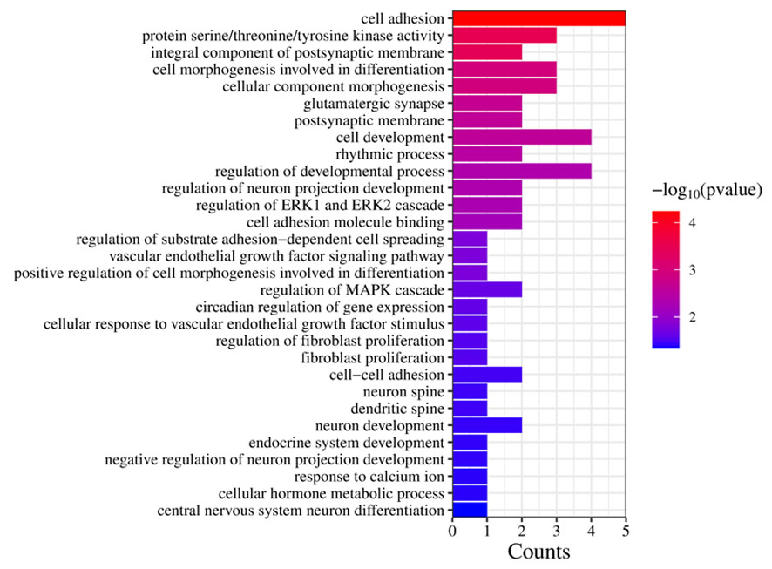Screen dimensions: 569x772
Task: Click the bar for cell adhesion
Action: pos(538,18)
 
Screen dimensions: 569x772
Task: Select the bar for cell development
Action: pos(521,137)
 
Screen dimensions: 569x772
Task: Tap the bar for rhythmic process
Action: pos(486,154)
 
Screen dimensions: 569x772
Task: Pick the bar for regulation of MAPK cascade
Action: pos(486,289)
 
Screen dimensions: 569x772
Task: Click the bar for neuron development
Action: pos(486,425)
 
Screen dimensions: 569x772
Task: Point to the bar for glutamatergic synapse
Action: pos(486,104)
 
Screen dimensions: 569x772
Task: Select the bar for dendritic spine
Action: pos(469,408)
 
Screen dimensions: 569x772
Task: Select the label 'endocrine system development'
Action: pos(347,442)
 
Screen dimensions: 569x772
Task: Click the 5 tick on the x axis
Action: pos(626,530)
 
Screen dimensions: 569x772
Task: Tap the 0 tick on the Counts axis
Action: pos(452,530)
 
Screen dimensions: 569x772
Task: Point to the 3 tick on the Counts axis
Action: pos(556,530)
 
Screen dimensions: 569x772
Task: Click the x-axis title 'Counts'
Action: pos(538,552)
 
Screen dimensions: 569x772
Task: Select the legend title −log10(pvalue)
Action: pos(708,189)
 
